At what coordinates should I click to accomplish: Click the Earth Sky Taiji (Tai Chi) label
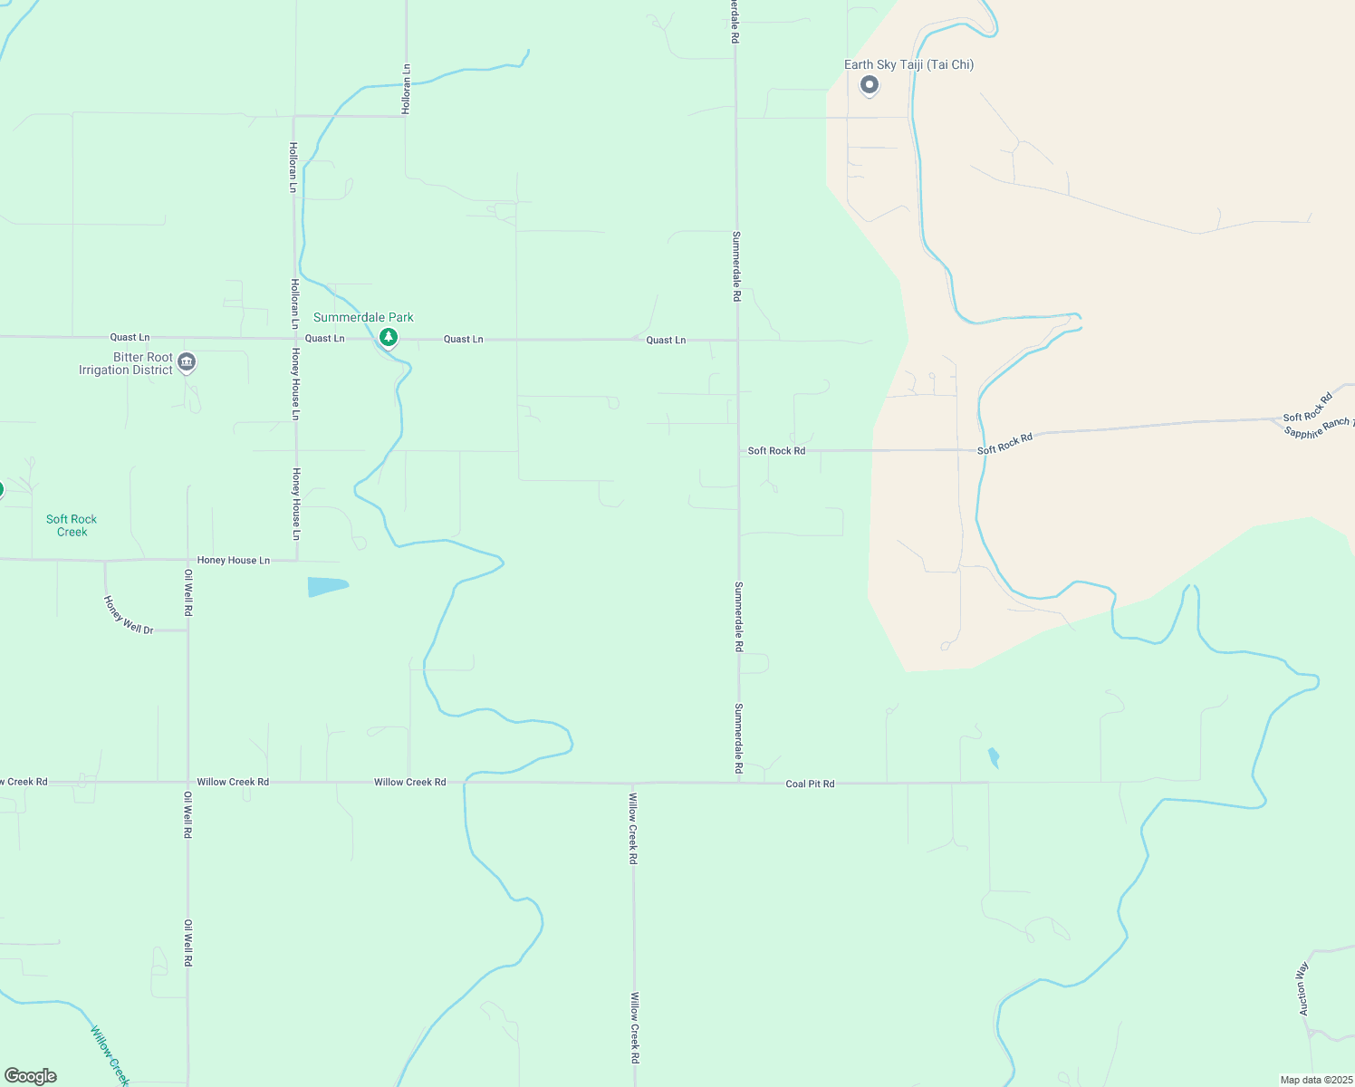[x=908, y=64]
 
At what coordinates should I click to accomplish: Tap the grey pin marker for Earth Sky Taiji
[x=870, y=85]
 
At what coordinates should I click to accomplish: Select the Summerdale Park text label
[x=363, y=317]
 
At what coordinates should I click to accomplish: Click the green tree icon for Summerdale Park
[x=389, y=338]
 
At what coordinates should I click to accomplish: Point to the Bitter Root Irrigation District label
[x=126, y=363]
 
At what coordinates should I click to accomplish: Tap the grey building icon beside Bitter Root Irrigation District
[x=187, y=362]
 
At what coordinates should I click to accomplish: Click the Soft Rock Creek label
[x=72, y=525]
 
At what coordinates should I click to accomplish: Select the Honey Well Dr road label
[x=129, y=615]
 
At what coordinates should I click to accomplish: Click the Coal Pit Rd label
[x=810, y=784]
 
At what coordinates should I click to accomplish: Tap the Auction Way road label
[x=1303, y=988]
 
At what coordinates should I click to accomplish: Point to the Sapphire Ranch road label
[x=1318, y=428]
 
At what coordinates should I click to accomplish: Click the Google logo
[x=31, y=1076]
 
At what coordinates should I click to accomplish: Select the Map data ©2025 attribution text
[x=1315, y=1080]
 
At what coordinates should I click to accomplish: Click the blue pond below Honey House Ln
[x=326, y=586]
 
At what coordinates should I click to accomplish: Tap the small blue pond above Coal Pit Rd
[x=994, y=757]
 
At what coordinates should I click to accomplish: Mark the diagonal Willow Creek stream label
[x=110, y=1054]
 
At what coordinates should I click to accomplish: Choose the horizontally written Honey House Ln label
[x=234, y=561]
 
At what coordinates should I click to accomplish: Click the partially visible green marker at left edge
[x=1, y=490]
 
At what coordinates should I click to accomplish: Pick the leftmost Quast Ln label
[x=130, y=337]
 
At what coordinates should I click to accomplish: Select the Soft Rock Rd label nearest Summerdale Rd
[x=776, y=450]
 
